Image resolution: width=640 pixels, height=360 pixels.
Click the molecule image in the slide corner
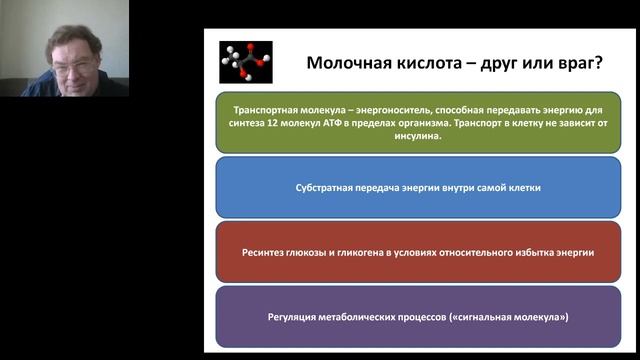244,61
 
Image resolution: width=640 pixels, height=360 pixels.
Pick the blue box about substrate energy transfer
419,187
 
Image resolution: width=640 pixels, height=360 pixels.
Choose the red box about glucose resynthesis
419,252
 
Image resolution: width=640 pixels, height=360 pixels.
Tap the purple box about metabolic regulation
419,317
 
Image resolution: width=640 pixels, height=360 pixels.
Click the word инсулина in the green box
419,136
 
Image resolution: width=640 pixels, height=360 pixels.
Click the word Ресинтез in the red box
265,252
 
